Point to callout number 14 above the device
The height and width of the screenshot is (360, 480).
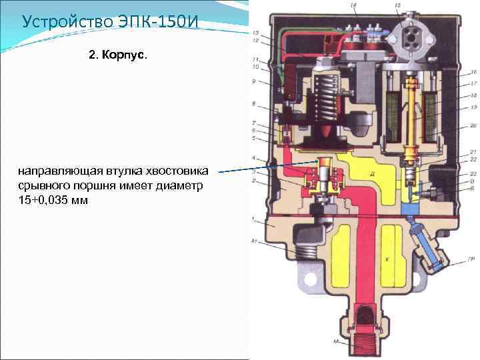pyautogui.click(x=353, y=5)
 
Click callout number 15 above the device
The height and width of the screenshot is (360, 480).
pyautogui.click(x=397, y=5)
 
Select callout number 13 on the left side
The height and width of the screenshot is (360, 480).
pyautogui.click(x=256, y=32)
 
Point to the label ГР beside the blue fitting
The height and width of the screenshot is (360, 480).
pyautogui.click(x=471, y=258)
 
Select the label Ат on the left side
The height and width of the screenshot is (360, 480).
pyautogui.click(x=254, y=238)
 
